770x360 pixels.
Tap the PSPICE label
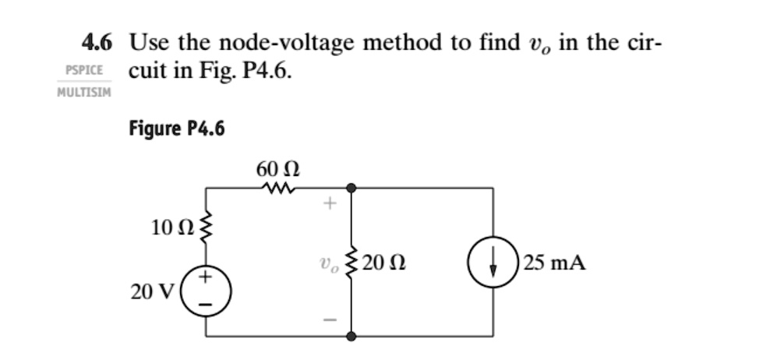(84, 69)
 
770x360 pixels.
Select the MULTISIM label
(84, 93)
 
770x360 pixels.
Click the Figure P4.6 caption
(177, 129)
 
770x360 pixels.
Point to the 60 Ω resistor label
(278, 169)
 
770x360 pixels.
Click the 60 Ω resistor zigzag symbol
(278, 188)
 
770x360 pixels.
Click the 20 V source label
(147, 291)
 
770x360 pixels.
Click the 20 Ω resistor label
(383, 263)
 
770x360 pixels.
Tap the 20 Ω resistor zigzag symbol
(351, 263)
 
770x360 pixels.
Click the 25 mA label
(555, 263)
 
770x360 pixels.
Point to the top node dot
(351, 188)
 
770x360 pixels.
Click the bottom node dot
(351, 337)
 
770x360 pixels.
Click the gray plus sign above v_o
(330, 206)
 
